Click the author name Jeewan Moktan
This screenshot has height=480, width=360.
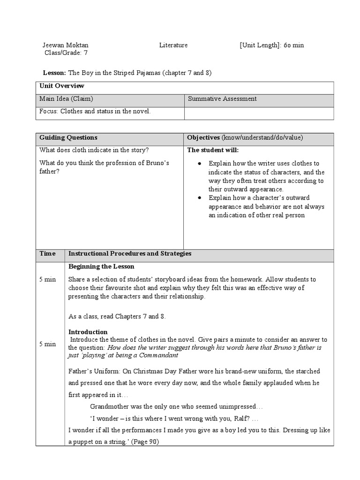[x=65, y=45]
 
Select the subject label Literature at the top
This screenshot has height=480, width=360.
[x=173, y=45]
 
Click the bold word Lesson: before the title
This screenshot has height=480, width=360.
[x=55, y=73]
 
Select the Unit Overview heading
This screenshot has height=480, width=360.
[x=62, y=86]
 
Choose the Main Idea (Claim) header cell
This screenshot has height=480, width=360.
[x=66, y=99]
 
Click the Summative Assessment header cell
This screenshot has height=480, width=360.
[x=222, y=99]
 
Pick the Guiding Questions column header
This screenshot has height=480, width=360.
[x=68, y=137]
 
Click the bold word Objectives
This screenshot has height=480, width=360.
[x=203, y=137]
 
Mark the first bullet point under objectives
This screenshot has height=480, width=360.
[x=200, y=164]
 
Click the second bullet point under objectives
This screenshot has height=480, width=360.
[x=200, y=198]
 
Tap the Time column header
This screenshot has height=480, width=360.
[x=47, y=254]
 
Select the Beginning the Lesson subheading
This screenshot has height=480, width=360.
[x=101, y=266]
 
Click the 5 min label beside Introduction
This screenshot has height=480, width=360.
[x=47, y=344]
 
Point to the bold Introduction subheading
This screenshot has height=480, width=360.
[x=88, y=332]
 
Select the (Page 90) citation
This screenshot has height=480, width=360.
[x=145, y=442]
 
